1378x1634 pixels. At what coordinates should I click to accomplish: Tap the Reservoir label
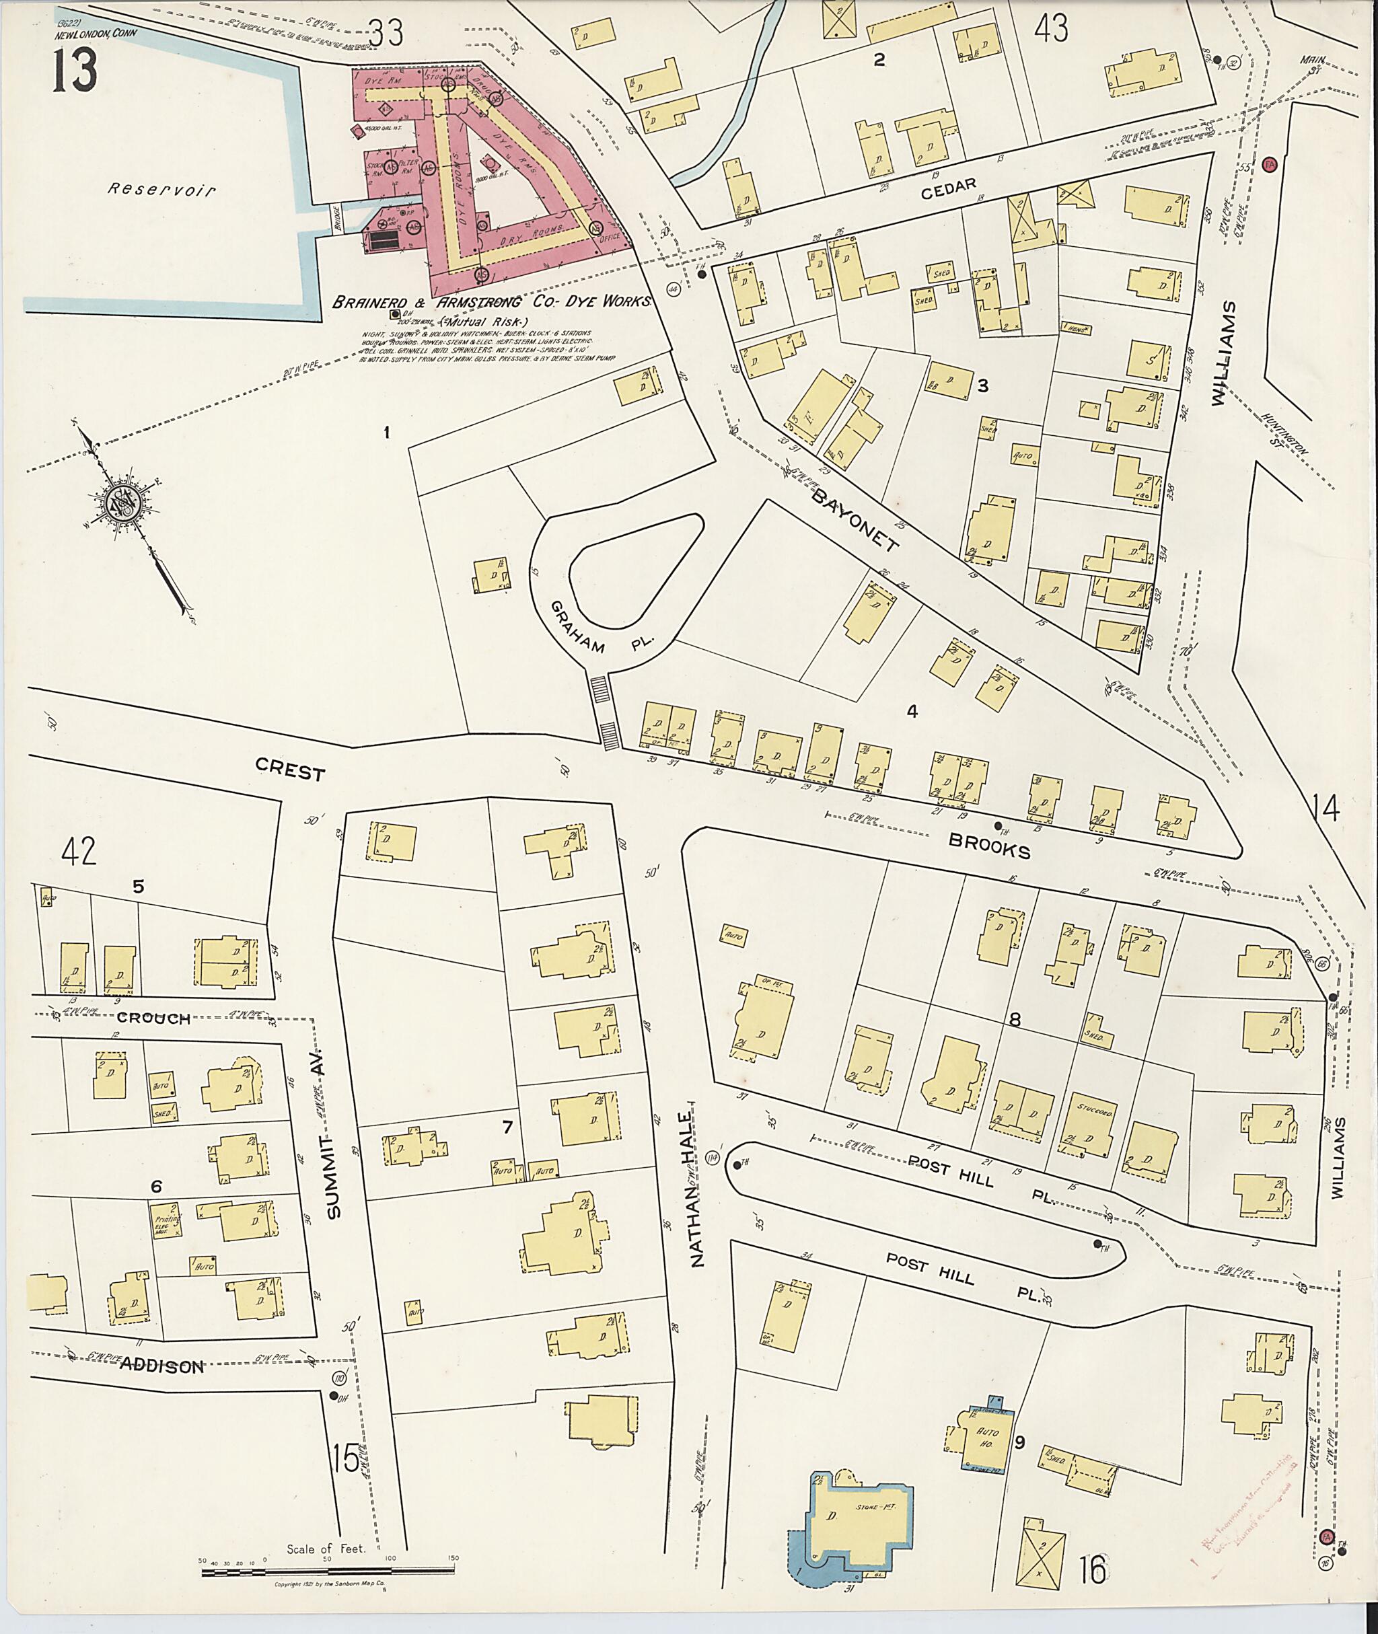tap(161, 189)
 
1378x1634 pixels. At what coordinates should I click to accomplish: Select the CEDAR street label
tap(948, 186)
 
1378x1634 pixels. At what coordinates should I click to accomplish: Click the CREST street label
tap(290, 772)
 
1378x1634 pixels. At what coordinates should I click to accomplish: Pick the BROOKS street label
tap(989, 845)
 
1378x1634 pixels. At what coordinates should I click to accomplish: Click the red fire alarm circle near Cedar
tap(1270, 165)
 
